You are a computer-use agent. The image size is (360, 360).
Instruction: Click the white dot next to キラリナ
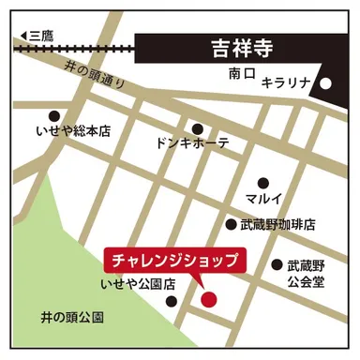coord(326,82)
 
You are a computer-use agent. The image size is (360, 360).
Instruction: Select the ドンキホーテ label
coord(193,146)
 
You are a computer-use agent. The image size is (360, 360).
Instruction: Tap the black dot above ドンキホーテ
coord(197,129)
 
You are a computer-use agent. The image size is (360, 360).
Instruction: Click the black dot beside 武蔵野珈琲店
coord(231,225)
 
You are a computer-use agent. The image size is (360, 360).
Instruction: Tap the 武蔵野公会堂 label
coord(305,274)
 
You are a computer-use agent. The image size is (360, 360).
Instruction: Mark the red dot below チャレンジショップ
coord(208,299)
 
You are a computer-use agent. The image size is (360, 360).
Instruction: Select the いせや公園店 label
coord(138,282)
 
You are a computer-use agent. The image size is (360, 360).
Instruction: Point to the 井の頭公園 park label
coord(67,317)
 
